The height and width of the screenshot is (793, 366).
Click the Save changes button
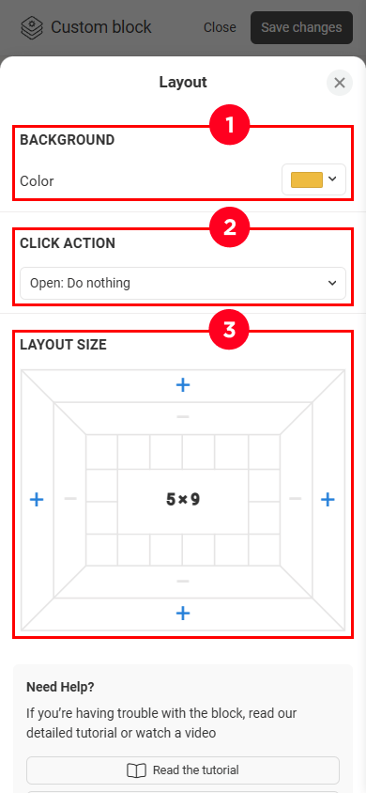point(301,27)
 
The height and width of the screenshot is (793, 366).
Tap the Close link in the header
point(220,27)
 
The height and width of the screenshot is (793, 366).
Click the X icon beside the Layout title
point(339,83)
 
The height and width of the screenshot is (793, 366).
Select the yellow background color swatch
point(307,179)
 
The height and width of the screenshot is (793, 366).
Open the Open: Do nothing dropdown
point(183,283)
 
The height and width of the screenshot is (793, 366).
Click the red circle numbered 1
point(230,125)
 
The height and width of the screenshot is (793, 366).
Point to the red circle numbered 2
point(230,228)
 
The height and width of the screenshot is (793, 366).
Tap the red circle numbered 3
point(230,330)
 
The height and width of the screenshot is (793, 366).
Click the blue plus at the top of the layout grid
point(183,385)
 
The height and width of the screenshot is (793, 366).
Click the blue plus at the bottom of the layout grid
point(183,614)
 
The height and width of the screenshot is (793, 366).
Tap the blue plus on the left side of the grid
point(37,500)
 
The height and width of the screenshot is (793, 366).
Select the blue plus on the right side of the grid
point(328,500)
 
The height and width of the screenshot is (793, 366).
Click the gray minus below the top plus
point(183,417)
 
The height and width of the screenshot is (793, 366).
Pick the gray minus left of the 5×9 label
point(70,499)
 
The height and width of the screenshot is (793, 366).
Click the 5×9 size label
point(183,500)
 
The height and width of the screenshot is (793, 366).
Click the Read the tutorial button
point(183,770)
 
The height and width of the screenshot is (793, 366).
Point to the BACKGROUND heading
point(68,140)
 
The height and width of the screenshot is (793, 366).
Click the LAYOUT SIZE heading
point(63,345)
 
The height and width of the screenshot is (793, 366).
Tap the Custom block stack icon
point(32,27)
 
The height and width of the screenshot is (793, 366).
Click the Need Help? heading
point(60,688)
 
